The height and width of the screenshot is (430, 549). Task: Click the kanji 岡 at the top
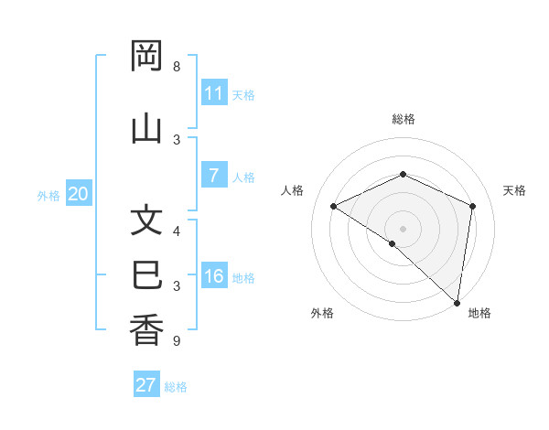click(147, 58)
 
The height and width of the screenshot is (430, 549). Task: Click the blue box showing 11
click(214, 93)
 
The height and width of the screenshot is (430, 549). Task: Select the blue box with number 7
click(214, 176)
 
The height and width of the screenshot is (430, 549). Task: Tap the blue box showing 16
click(214, 276)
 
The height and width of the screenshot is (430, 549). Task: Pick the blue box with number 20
click(79, 194)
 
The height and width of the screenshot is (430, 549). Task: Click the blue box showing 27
click(146, 385)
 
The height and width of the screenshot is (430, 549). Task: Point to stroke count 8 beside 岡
click(177, 67)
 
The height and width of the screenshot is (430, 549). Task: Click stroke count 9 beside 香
click(177, 341)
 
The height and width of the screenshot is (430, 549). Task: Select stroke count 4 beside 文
click(177, 231)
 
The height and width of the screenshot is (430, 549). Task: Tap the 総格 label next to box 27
click(176, 387)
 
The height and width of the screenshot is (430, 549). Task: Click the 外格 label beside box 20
click(48, 195)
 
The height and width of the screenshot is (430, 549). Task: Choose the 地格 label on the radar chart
click(479, 313)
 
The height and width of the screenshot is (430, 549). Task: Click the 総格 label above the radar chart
click(404, 119)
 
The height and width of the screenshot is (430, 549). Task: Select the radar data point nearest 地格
click(457, 302)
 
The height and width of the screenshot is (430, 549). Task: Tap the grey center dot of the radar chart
click(403, 228)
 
